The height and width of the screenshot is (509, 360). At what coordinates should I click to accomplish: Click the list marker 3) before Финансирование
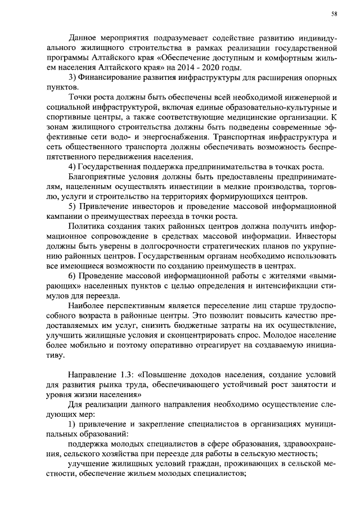tap(71, 77)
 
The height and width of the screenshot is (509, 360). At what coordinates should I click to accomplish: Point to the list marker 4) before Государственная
tap(71, 168)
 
